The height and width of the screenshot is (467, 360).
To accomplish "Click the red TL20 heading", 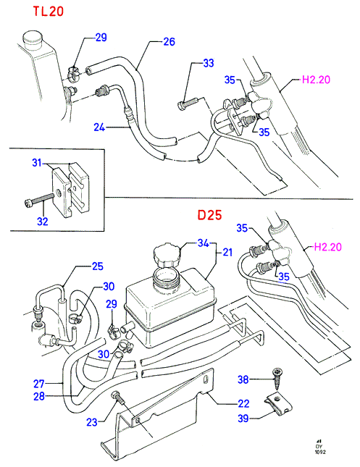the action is pyautogui.click(x=49, y=12).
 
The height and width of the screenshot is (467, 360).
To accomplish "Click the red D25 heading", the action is pyautogui.click(x=210, y=215).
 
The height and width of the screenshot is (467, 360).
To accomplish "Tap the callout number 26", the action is pyautogui.click(x=169, y=42).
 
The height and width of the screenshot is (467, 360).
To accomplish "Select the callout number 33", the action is pyautogui.click(x=209, y=63).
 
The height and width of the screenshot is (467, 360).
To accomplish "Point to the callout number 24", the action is pyautogui.click(x=99, y=127).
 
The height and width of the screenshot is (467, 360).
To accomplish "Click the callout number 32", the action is pyautogui.click(x=43, y=222).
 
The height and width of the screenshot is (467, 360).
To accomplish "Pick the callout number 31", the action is pyautogui.click(x=37, y=163).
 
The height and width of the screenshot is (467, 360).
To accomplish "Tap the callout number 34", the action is pyautogui.click(x=204, y=243).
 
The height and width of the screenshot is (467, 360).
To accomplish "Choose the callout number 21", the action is pyautogui.click(x=227, y=253).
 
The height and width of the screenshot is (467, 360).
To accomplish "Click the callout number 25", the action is pyautogui.click(x=98, y=266).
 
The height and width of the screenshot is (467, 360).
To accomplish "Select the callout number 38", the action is pyautogui.click(x=243, y=379).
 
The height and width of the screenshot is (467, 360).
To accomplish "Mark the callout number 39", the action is pyautogui.click(x=243, y=418).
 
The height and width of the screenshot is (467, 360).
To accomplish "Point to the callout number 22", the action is pyautogui.click(x=243, y=403).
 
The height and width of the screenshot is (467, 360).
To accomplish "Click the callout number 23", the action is pyautogui.click(x=92, y=422).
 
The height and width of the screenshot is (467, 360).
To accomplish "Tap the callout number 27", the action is pyautogui.click(x=39, y=384).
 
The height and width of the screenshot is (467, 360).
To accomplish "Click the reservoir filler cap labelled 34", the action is pyautogui.click(x=167, y=255).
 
